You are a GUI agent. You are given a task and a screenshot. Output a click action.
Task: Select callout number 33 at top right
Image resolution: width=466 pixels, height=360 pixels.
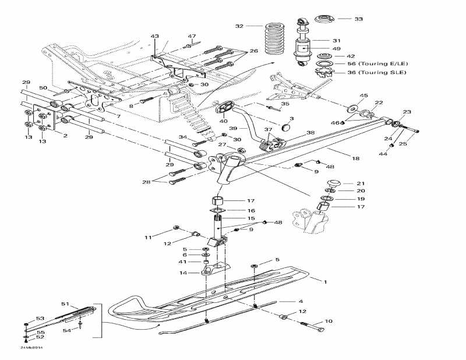358,19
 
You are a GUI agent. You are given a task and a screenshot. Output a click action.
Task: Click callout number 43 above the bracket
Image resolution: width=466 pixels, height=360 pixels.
154,37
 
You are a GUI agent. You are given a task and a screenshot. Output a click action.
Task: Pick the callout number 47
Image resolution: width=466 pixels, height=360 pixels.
192,37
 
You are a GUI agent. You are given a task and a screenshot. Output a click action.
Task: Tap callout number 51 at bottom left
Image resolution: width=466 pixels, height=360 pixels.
65,303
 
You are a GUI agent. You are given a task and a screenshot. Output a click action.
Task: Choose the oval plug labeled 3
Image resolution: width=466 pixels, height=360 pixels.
285,126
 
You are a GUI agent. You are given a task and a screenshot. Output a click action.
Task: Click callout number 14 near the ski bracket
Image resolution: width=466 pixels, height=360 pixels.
183,273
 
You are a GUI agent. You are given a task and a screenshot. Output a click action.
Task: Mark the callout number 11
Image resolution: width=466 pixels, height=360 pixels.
147,238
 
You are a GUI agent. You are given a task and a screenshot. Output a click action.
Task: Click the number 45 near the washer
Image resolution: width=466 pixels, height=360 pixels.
364,96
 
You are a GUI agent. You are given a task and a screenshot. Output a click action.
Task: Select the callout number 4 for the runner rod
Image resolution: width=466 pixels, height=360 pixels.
301,301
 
